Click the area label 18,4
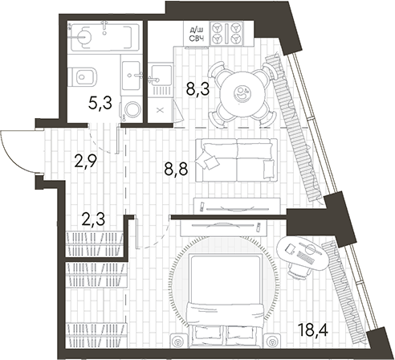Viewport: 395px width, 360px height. pos(313,330)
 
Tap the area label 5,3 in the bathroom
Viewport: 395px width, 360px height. pos(100,104)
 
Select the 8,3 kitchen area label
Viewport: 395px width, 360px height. pos(198,89)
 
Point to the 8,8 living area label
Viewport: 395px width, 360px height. pos(176,169)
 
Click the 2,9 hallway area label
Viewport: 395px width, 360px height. pos(86,161)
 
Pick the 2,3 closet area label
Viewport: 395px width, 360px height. pos(93,219)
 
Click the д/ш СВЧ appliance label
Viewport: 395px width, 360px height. pos(197,35)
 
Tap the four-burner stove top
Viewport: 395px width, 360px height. pos(226,33)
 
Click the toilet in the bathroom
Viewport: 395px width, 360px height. pos(82,77)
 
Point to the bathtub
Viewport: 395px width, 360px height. pos(105,38)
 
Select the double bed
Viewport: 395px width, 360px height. pos(226,301)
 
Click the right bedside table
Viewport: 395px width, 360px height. pos(272,341)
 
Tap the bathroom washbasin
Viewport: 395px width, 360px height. pos(131,76)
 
